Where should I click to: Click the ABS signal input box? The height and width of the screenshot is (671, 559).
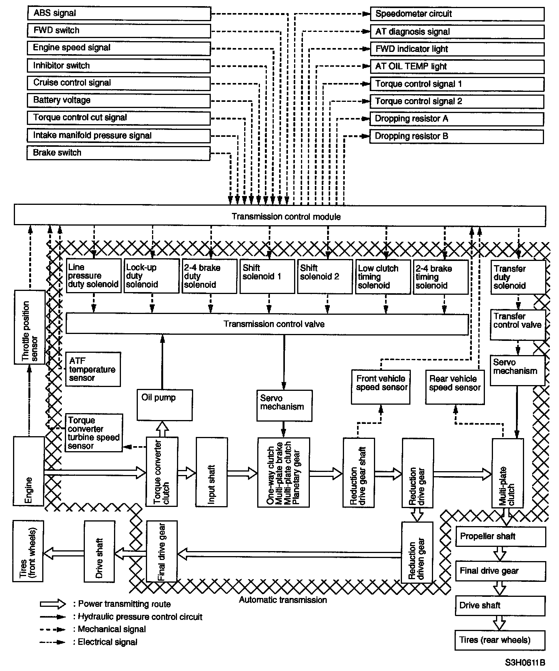pos(119,13)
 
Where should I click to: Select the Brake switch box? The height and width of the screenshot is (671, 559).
pos(119,153)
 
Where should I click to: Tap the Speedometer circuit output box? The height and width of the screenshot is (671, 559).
pos(457,14)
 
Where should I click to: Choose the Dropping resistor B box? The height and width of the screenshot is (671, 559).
pos(456,136)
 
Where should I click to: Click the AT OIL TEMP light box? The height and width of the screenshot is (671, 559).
pos(457,66)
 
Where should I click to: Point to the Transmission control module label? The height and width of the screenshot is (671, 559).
pos(286,217)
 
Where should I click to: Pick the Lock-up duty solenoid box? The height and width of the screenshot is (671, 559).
pos(152,276)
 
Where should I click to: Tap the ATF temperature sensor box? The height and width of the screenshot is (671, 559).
pos(93,369)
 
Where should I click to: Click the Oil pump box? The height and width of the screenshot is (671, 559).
pos(165,405)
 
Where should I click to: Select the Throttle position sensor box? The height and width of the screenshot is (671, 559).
pos(30,327)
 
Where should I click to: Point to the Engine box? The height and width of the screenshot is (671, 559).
pos(29,471)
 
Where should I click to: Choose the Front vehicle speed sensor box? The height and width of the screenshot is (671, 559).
pos(381,386)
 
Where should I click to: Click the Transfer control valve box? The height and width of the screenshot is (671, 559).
pos(518,325)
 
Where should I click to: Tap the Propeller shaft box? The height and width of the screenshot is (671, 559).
pos(500,536)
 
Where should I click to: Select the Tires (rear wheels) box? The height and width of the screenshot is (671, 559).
pos(500,640)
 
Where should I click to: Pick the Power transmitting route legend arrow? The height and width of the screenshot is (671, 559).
pos(53,604)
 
